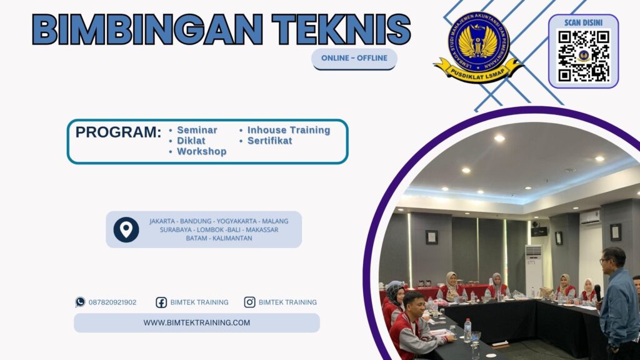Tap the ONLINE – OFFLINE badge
[354, 58]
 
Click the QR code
[583, 56]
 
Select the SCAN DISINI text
[582, 22]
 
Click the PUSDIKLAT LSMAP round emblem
[478, 45]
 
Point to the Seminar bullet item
[197, 130]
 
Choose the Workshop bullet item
[201, 151]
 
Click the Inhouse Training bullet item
[288, 130]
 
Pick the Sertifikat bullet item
[269, 141]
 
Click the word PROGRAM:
[118, 132]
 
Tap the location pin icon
[126, 229]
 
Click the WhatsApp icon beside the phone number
[80, 302]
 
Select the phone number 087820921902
[112, 302]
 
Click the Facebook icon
[161, 302]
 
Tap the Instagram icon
[249, 302]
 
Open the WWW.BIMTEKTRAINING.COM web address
[196, 322]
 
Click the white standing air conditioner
[534, 267]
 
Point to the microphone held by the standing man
[597, 291]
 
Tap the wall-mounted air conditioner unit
[589, 217]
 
